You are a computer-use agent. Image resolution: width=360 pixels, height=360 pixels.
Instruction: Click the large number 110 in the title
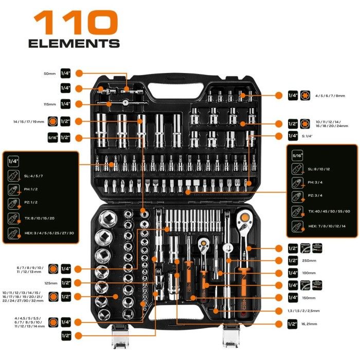tap(76, 23)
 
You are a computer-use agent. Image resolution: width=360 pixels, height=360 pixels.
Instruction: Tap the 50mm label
tap(49, 74)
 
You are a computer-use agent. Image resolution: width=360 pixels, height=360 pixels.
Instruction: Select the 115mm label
tap(49, 104)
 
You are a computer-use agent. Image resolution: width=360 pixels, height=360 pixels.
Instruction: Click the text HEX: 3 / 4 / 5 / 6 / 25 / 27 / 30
tap(49, 233)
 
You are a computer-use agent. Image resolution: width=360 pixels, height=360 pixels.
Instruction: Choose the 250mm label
tap(309, 261)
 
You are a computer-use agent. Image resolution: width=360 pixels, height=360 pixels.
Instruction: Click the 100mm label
tap(309, 273)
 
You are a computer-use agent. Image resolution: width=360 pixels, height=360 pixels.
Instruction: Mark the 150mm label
tap(309, 298)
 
